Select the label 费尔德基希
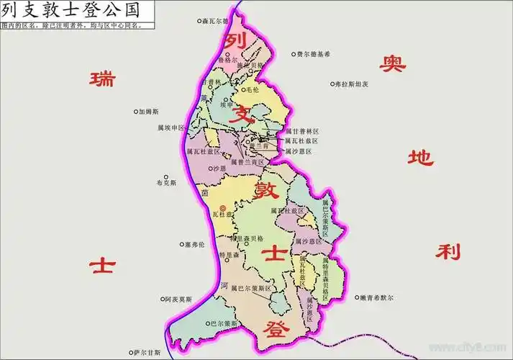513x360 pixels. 313,54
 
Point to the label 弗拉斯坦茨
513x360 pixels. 352,84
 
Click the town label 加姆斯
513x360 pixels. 149,112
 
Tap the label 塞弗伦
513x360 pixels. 194,245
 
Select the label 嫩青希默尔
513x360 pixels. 376,297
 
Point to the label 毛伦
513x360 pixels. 252,90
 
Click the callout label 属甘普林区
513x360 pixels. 301,132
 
